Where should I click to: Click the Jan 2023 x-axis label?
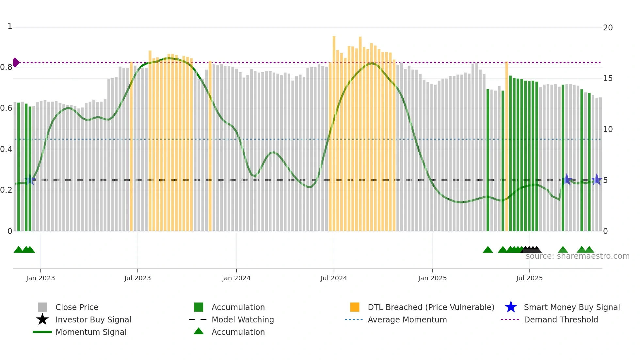(40, 278)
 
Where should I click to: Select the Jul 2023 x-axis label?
(137, 278)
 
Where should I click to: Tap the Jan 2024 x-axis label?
(236, 278)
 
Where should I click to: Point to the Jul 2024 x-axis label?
(334, 278)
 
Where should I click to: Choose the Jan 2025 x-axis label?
(432, 278)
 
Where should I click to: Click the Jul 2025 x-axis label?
(529, 278)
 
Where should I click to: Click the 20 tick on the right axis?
(608, 28)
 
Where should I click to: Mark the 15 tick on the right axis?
(608, 78)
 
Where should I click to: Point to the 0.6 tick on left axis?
(6, 108)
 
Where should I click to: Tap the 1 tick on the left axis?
(10, 26)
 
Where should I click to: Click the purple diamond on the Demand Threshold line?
(16, 62)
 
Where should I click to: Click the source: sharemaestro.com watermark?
(577, 256)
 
